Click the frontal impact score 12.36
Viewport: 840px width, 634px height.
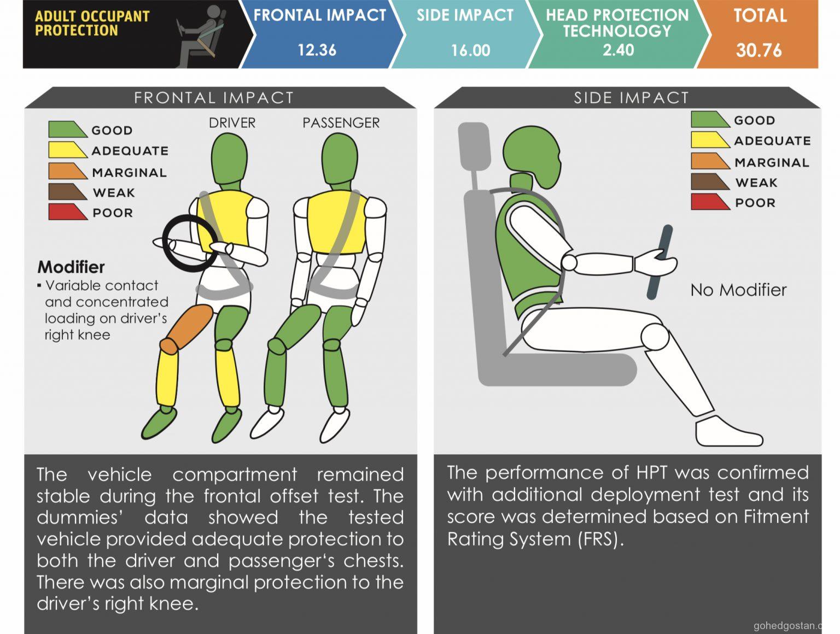317,50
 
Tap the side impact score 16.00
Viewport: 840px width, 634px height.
470,50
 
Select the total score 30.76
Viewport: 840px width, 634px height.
759,50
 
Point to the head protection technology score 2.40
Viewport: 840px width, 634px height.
619,50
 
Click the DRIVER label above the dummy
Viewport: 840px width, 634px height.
232,123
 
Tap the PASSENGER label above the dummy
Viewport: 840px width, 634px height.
341,123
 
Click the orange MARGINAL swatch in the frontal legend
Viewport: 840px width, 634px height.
67,171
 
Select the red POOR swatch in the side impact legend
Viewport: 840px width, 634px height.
710,202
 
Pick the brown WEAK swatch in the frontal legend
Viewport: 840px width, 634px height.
67,192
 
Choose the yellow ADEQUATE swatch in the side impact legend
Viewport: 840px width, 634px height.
710,139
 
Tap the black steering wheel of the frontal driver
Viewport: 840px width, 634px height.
165,245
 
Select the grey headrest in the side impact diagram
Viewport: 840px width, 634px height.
474,146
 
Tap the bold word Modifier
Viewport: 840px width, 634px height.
71,267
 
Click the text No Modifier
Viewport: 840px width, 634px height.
739,290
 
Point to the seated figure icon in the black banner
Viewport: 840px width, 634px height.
201,36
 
